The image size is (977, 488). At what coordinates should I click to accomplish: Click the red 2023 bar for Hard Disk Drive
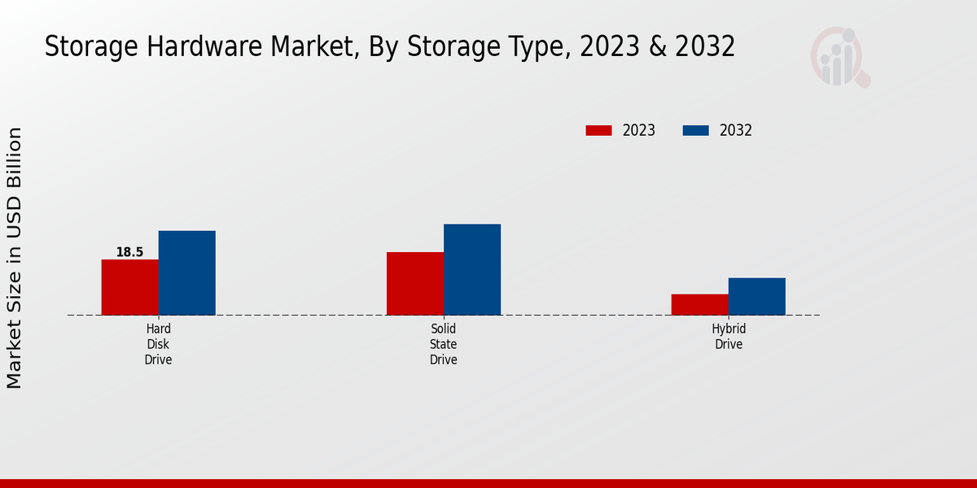point(129,287)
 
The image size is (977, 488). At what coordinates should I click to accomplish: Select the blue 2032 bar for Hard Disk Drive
point(186,272)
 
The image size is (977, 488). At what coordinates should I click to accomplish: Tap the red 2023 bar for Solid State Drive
point(415,283)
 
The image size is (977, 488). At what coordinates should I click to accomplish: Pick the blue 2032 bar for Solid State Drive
point(472,269)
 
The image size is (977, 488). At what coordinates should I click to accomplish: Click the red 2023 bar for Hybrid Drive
point(699,304)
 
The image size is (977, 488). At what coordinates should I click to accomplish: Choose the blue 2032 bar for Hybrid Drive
point(756,296)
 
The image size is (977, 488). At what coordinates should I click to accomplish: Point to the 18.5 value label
point(129,252)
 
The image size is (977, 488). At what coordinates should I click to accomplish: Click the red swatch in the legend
point(598,130)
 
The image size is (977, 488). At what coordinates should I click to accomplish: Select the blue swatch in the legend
point(695,130)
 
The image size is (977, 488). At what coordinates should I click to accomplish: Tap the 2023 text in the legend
point(639,130)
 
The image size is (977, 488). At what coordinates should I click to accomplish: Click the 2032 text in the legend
point(736,130)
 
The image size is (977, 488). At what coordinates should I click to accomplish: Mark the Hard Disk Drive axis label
point(158,344)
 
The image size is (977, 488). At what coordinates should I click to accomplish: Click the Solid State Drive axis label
point(444,344)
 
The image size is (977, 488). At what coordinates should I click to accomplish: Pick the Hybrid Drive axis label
point(729,337)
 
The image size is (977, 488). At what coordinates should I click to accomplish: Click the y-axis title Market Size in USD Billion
point(15,257)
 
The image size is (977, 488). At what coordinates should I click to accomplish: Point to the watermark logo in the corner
point(839,57)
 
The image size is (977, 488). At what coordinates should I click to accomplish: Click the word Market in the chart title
point(310,47)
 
